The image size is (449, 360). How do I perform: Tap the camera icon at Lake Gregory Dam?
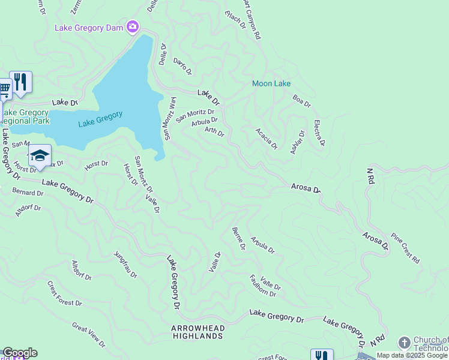(133, 27)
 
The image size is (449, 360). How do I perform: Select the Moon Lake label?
(271, 83)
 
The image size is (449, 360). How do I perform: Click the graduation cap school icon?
(40, 155)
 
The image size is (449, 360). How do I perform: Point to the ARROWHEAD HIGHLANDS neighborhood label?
(197, 332)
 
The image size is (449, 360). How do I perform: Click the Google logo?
(20, 353)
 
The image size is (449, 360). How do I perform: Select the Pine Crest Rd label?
(405, 248)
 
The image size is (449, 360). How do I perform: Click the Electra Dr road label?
(319, 133)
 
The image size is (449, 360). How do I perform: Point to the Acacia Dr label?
(267, 138)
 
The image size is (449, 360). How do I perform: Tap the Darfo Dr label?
(182, 66)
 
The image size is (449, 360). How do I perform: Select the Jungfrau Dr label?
(125, 265)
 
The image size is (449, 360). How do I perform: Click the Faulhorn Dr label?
(263, 286)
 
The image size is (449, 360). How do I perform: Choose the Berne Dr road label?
(238, 238)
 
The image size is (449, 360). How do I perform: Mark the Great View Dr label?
(89, 335)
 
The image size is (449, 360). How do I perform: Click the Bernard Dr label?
(28, 193)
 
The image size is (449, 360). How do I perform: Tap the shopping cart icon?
(4, 89)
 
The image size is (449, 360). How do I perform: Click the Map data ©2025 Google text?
(412, 355)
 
